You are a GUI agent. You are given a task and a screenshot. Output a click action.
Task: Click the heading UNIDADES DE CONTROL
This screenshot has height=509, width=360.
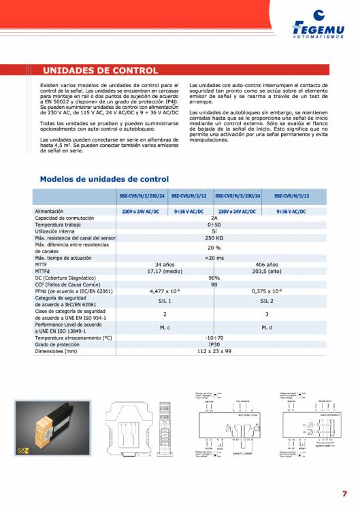click(100, 70)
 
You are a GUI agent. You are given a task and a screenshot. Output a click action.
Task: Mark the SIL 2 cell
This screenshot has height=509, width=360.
click(267, 300)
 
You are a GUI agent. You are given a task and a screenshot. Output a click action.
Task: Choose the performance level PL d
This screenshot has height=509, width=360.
click(267, 327)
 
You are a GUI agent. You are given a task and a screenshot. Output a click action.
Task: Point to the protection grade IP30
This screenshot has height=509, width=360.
click(214, 344)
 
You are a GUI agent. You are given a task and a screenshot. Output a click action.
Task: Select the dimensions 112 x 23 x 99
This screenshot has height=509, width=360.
click(214, 350)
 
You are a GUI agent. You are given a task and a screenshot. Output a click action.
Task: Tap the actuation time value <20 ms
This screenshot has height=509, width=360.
click(214, 258)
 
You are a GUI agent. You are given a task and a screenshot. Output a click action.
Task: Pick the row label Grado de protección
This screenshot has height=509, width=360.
click(58, 344)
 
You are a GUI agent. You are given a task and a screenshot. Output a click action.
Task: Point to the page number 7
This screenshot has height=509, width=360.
click(344, 494)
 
